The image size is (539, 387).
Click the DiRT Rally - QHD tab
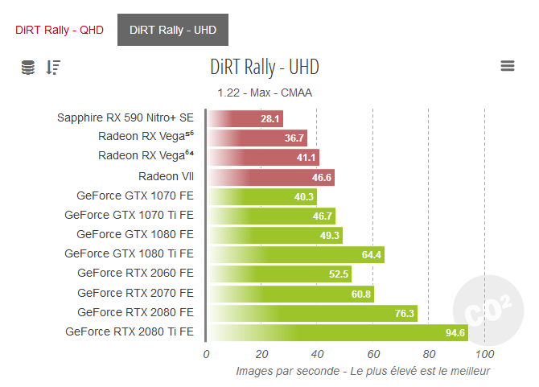59,31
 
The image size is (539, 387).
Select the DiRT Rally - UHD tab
172,31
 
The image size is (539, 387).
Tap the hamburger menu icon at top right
508,66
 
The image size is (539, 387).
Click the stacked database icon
28,68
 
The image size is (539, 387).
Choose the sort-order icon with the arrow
53,68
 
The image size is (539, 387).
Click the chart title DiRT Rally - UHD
264,66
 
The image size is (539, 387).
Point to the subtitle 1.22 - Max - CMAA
265,93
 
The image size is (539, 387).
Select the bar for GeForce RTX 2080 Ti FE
338,331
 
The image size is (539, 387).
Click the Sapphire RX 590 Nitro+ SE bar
245,119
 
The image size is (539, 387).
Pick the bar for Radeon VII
270,177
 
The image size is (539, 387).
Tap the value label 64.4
372,255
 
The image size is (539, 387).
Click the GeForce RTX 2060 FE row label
135,274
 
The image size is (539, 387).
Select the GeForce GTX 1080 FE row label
135,234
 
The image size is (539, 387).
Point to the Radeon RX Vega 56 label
146,137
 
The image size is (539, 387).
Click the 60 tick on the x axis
372,354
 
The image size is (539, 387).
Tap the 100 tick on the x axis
484,354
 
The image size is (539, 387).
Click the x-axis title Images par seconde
363,371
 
